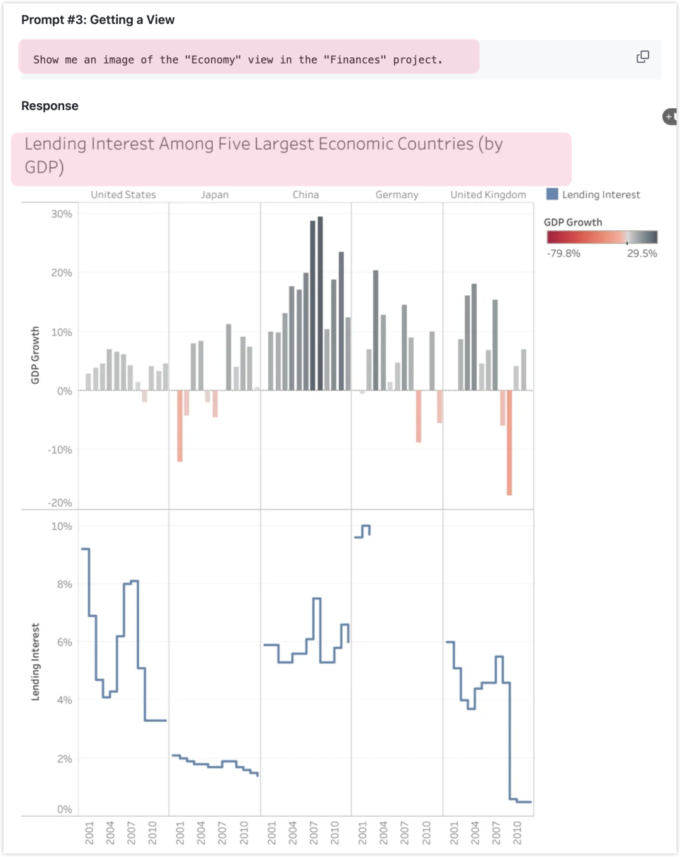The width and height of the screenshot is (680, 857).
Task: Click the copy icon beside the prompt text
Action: pyautogui.click(x=642, y=57)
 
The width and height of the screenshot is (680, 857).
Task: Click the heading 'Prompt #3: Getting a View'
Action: pyautogui.click(x=98, y=20)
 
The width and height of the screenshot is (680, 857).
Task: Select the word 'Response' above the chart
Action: pyautogui.click(x=50, y=106)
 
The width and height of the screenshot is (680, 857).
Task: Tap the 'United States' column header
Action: pyautogui.click(x=123, y=195)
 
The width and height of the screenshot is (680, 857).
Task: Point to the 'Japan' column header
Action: pyautogui.click(x=215, y=195)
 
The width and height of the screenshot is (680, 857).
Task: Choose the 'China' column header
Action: pyautogui.click(x=305, y=195)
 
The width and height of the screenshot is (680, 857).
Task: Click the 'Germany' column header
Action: pyautogui.click(x=397, y=195)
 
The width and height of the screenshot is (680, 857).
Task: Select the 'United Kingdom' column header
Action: pyautogui.click(x=488, y=195)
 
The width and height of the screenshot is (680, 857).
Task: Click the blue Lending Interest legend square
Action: pyautogui.click(x=552, y=194)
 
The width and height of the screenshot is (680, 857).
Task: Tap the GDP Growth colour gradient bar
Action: pyautogui.click(x=601, y=237)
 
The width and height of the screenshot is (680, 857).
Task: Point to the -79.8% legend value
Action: pyautogui.click(x=564, y=254)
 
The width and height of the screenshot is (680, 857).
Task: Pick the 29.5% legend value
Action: pyautogui.click(x=642, y=254)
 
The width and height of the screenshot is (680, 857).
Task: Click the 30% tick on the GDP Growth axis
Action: pyautogui.click(x=62, y=214)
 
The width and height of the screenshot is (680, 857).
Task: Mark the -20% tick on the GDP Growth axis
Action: pyautogui.click(x=60, y=503)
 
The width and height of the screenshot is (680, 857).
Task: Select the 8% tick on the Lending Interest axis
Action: pyautogui.click(x=64, y=585)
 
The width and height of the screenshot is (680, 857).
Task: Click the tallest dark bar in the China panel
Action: pyautogui.click(x=320, y=302)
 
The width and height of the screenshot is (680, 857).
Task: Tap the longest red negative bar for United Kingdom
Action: pyautogui.click(x=509, y=442)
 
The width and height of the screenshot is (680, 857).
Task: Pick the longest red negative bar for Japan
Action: pyautogui.click(x=180, y=426)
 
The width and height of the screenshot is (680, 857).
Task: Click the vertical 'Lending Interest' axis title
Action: pyautogui.click(x=35, y=662)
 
